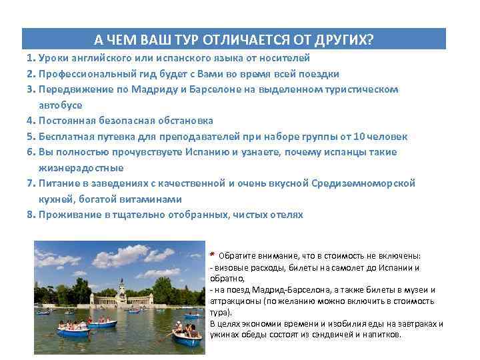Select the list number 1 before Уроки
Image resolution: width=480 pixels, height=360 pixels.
click(30, 58)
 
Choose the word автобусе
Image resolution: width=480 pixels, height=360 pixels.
click(59, 105)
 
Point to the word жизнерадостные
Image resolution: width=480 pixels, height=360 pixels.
click(81, 168)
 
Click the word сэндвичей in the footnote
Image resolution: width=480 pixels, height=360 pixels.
click(327, 335)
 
